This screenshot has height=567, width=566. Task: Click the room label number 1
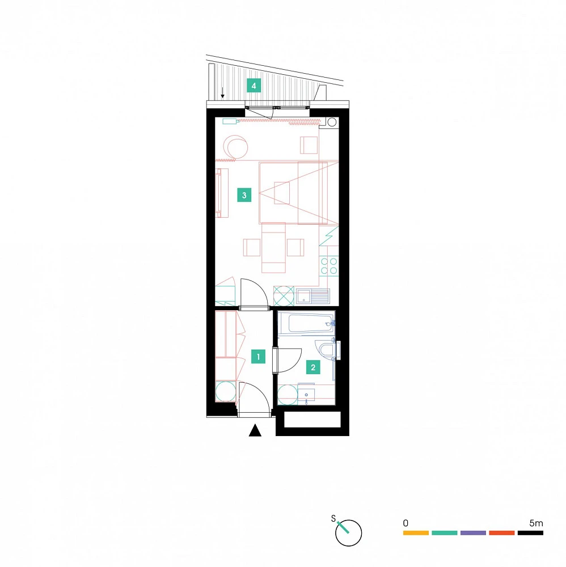258,357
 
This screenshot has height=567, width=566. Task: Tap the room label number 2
313,367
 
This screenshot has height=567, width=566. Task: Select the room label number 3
244,195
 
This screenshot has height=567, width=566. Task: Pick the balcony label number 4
254,86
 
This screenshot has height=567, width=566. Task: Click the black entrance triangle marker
255,430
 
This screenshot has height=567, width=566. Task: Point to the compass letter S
333,519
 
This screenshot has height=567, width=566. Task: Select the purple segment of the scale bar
473,532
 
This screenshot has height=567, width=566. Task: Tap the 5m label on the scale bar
536,523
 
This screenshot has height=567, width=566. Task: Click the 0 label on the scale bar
406,523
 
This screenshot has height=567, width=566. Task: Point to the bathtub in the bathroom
307,324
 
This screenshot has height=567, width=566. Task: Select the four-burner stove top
329,266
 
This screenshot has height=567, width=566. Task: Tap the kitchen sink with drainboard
313,296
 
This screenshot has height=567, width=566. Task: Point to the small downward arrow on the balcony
222,93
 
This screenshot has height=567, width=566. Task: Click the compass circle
349,532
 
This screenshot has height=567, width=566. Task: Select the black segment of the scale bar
530,532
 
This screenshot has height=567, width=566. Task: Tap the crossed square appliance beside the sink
284,296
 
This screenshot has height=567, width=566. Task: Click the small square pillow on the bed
282,193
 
